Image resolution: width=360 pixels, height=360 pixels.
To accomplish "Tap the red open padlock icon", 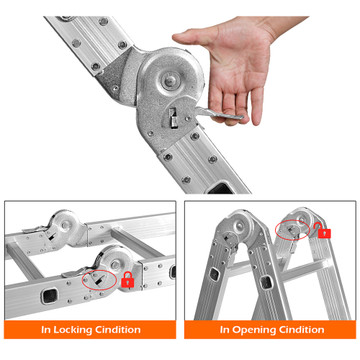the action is click(x=323, y=230).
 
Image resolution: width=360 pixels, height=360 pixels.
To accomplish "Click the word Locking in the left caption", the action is click(x=73, y=330).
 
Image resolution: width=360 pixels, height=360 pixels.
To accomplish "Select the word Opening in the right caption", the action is click(x=251, y=330).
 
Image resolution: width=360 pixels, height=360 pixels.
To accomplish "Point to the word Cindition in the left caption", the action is click(x=118, y=330).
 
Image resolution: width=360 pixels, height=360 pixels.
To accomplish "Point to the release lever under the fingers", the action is click(x=218, y=114).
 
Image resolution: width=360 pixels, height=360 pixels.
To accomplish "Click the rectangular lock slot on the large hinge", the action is click(x=174, y=118).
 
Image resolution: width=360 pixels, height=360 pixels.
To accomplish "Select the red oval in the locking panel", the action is click(x=99, y=278).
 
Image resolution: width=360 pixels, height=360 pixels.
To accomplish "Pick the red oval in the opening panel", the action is click(x=292, y=230).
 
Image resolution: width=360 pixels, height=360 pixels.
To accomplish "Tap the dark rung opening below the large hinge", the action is click(x=221, y=187).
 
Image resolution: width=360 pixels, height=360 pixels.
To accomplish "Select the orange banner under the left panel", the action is click(x=90, y=330).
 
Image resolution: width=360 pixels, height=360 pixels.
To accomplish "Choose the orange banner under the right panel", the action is click(x=270, y=330).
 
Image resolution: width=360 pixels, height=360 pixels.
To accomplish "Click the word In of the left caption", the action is click(x=46, y=330).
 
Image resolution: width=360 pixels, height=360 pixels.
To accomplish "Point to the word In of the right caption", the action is click(x=224, y=330).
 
